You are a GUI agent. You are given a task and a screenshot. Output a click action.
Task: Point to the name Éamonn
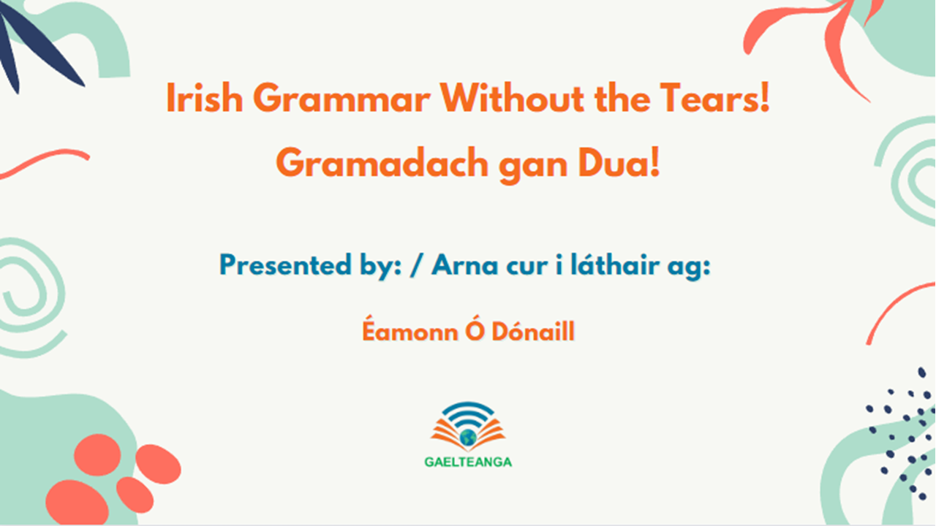pyautogui.click(x=399, y=332)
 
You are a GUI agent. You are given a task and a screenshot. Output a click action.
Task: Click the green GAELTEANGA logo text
pyautogui.click(x=468, y=462)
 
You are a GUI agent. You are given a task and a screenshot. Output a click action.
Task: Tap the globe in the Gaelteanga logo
pyautogui.click(x=468, y=437)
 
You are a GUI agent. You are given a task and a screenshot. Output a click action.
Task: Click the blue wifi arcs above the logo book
pyautogui.click(x=468, y=413)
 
